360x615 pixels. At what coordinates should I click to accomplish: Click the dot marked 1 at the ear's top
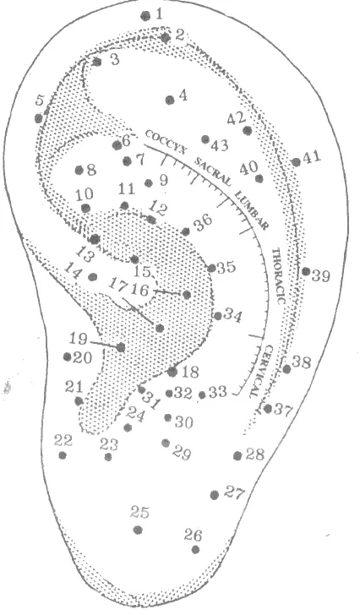tap(146, 16)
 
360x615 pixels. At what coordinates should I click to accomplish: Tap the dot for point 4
tap(170, 100)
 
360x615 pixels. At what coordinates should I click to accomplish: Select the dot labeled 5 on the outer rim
tap(38, 118)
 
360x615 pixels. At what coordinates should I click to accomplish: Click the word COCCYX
tap(166, 143)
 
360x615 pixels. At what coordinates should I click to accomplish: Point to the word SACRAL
tap(212, 171)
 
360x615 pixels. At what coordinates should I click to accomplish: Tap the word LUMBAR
tap(252, 210)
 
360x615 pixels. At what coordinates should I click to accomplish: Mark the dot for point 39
tap(306, 271)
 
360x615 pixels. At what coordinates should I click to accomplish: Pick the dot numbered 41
tap(297, 161)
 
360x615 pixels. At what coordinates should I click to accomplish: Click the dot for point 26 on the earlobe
tap(196, 549)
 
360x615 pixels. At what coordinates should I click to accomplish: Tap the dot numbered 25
tap(138, 530)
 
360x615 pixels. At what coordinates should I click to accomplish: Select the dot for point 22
tap(63, 455)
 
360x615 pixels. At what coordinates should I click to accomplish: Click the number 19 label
tap(79, 339)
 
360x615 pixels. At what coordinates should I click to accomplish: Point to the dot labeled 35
tap(212, 269)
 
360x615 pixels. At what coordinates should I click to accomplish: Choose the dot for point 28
tap(237, 456)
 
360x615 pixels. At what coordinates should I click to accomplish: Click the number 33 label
tap(218, 391)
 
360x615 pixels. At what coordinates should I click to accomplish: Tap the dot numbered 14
tap(93, 277)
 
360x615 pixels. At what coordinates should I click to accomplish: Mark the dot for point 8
tap(79, 170)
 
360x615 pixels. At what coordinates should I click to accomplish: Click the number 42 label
tap(237, 118)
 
